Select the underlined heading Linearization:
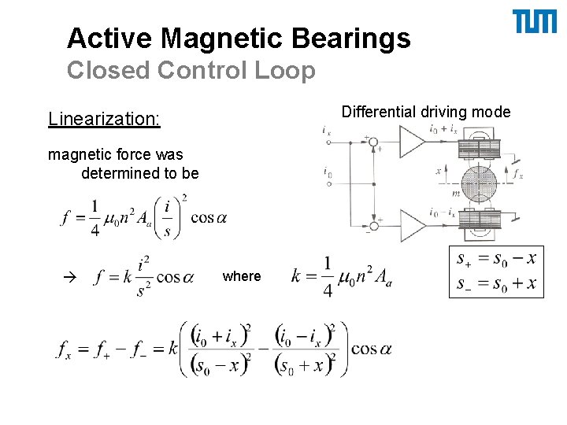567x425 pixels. tap(104, 119)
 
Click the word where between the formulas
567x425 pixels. tap(241, 276)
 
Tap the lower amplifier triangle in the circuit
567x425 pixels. tap(412, 226)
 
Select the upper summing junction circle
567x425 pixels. tap(375, 145)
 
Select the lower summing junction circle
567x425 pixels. tap(375, 226)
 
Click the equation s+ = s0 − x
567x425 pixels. tap(496, 258)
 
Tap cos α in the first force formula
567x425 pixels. tap(208, 217)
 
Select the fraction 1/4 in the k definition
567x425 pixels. tap(327, 276)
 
